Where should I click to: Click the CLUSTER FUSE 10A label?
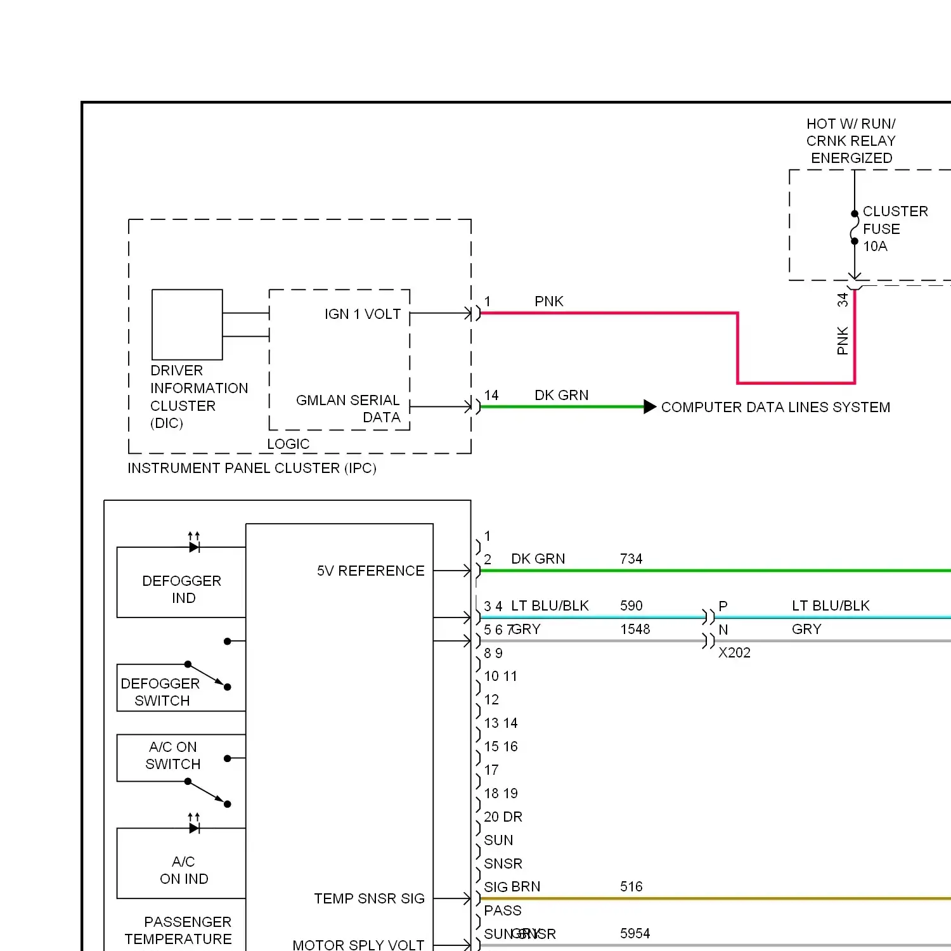894,228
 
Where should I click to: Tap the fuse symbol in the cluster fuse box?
855,228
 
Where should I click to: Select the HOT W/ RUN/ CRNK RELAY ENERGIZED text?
851,141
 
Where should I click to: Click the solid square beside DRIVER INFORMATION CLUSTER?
187,325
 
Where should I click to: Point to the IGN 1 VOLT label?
362,314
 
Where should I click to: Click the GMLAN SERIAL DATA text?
349,408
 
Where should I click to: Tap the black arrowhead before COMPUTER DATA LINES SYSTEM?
649,407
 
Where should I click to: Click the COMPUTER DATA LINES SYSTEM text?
775,407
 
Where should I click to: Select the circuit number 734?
631,559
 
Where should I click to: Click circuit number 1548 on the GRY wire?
635,629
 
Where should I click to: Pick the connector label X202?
734,652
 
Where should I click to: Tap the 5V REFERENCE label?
370,571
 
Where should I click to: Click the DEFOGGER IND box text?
182,589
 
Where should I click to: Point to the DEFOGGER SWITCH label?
160,692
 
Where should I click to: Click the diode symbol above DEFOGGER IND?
194,547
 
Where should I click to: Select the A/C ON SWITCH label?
172,755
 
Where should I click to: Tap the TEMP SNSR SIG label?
369,898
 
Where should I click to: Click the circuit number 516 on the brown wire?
631,886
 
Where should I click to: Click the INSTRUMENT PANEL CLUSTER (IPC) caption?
252,468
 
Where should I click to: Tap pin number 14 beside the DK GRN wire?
491,395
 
